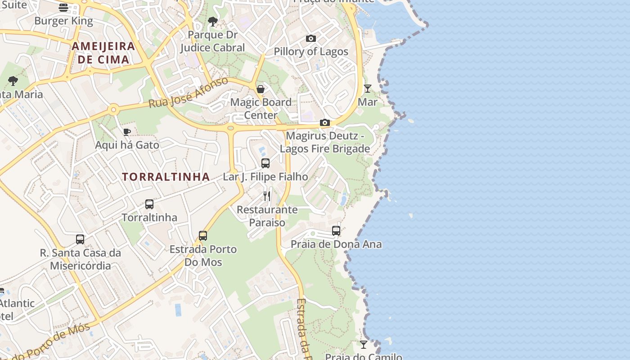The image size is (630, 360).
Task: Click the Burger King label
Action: [63, 21]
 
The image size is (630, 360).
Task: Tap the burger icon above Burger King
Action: [63, 7]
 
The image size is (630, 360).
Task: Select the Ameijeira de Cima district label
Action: [103, 52]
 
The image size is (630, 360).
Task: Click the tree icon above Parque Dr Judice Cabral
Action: [213, 21]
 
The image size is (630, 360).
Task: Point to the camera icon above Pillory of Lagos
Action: [311, 38]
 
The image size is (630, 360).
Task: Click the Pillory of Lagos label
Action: [311, 51]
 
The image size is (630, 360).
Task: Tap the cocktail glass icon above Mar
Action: [368, 88]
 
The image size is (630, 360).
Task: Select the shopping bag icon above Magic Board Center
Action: [261, 89]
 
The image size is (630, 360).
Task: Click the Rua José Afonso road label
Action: [189, 92]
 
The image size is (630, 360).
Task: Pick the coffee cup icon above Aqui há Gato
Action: [127, 132]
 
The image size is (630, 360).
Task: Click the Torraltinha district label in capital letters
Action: [166, 177]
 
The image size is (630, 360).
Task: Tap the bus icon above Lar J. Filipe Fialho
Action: [265, 163]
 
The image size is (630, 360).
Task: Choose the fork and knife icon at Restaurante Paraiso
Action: [267, 196]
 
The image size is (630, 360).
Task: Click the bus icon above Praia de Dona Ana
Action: [336, 231]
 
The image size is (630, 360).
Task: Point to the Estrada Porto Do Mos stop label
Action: [203, 255]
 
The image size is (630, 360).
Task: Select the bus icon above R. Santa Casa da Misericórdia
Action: [80, 239]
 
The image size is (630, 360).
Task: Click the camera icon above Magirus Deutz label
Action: [325, 122]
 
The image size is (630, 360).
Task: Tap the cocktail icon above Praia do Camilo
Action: [364, 344]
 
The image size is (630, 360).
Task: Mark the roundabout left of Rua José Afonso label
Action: [113, 109]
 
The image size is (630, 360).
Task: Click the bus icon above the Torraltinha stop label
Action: [149, 204]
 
